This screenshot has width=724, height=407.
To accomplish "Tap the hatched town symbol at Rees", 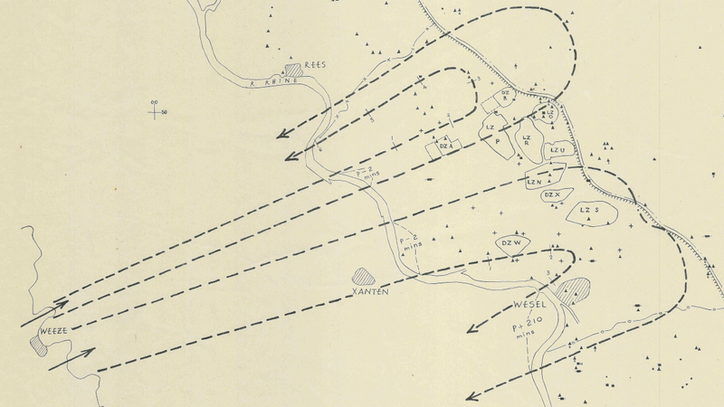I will pos(293,70).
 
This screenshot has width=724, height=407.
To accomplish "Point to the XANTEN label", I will pos(371,292).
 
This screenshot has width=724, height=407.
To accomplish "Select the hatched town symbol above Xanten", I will pos(364,275).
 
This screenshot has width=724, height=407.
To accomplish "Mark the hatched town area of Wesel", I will pos(574,290).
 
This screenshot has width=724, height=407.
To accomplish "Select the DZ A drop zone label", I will pos(445,145).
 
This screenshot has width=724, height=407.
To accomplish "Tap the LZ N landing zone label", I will pos(535,181).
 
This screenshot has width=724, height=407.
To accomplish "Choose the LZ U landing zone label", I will pos(558,149).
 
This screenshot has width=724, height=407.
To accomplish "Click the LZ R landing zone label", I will pos(527,140).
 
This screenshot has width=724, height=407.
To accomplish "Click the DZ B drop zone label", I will pos(507,94).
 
